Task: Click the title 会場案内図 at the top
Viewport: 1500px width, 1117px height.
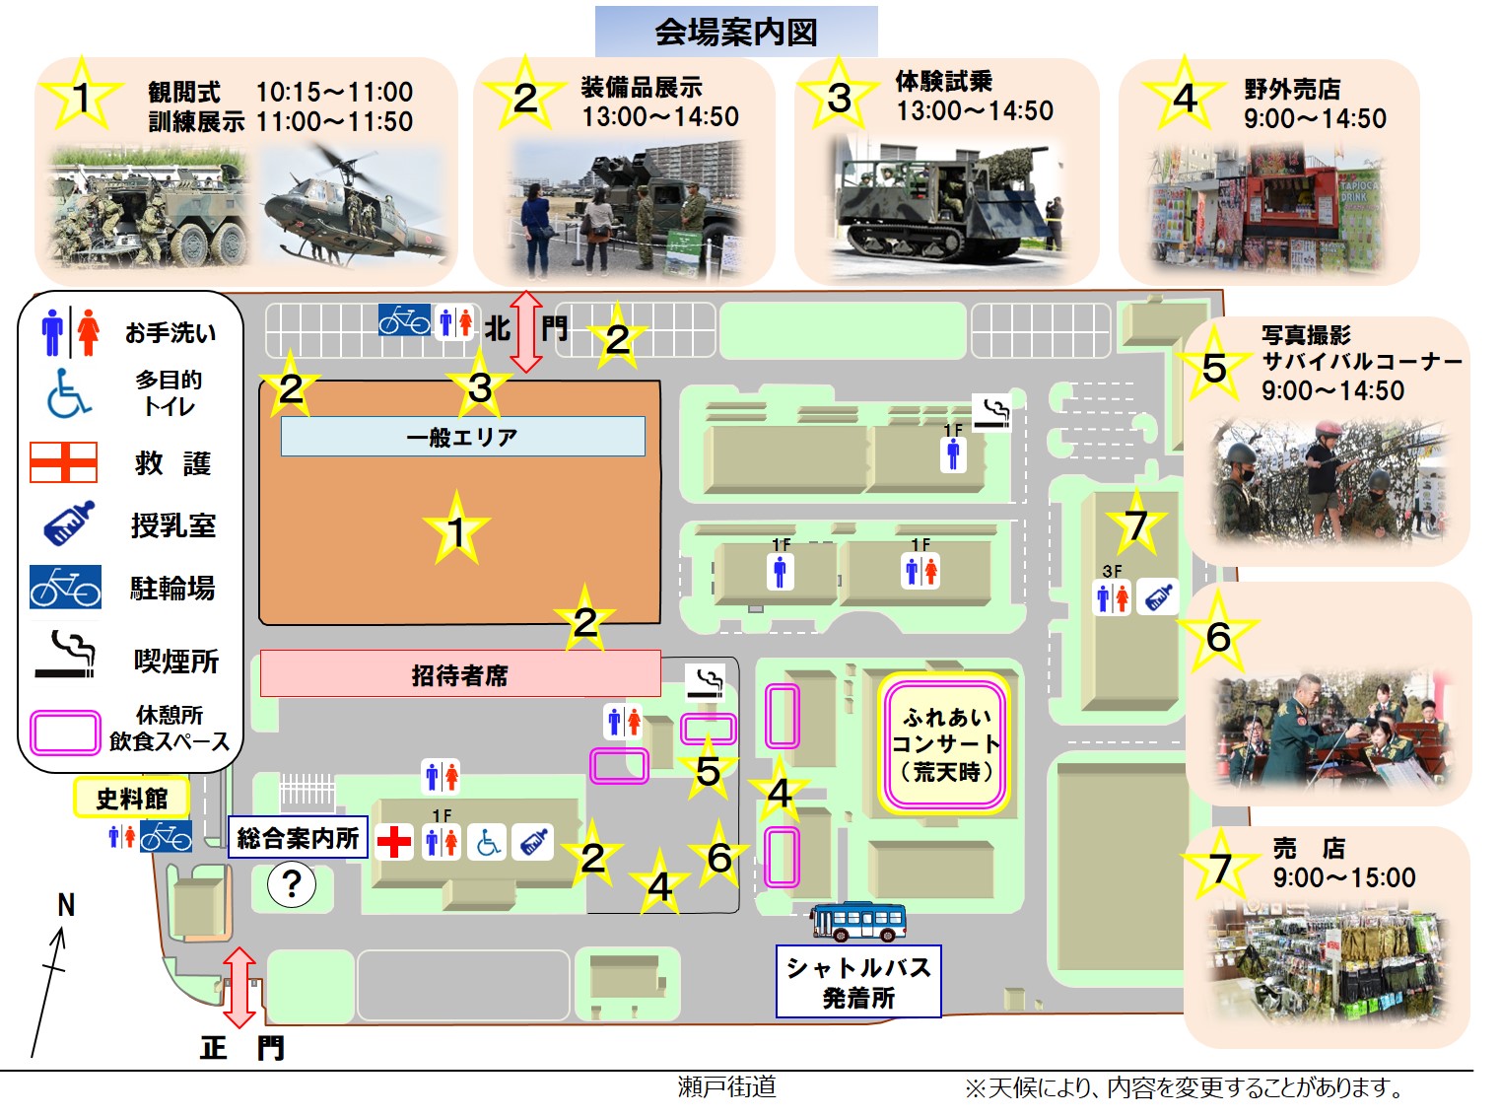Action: pos(736,32)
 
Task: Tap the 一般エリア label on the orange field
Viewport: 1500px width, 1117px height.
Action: pos(462,437)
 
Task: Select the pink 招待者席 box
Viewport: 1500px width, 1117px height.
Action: pos(459,674)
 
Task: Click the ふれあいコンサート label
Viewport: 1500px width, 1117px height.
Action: pos(945,744)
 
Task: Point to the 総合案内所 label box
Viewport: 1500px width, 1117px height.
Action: pos(298,838)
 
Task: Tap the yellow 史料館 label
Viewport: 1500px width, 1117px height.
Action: pos(132,798)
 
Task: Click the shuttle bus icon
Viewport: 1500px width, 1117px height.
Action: pos(857,922)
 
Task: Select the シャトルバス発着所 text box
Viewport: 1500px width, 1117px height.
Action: pos(858,982)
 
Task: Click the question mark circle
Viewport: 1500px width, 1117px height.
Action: pos(292,884)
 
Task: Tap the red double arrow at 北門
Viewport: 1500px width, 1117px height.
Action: pos(526,331)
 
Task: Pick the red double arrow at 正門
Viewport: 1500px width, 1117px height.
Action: pos(239,987)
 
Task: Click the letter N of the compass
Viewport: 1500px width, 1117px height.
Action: pos(66,905)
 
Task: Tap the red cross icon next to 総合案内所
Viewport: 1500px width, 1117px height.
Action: pos(394,842)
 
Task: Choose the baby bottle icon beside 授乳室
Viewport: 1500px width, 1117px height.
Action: pos(68,524)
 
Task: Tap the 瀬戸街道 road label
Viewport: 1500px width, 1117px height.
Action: pos(726,1086)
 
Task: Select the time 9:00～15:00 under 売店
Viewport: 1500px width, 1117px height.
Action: pos(1344,877)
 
